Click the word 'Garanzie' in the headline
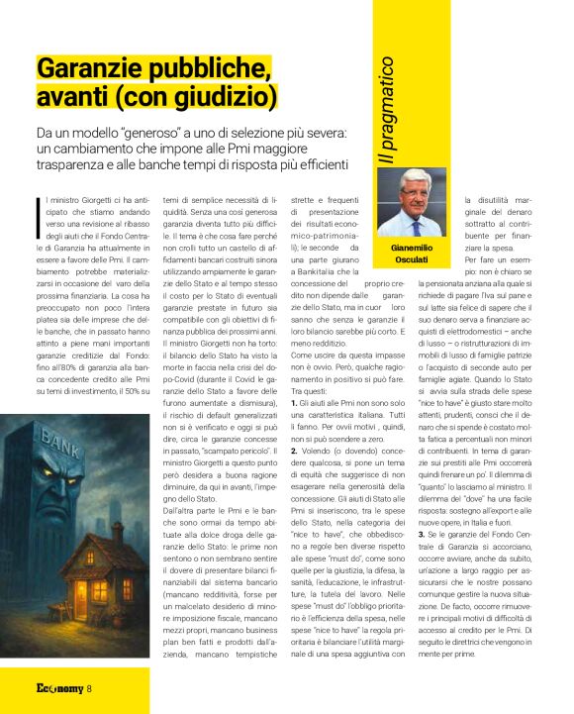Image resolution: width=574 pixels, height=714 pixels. [x=83, y=70]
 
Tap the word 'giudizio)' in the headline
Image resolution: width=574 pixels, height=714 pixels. [x=215, y=98]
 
